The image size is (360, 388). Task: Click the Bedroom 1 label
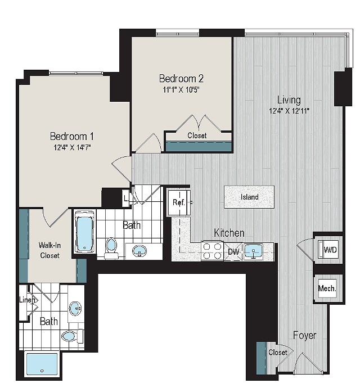[72, 136]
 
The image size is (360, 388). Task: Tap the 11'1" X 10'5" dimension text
[181, 89]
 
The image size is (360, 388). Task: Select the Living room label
[289, 100]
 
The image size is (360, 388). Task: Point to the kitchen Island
[249, 197]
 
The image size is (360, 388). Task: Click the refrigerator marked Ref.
[179, 202]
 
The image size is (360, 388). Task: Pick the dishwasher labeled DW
[233, 252]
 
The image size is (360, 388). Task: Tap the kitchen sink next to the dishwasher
[253, 251]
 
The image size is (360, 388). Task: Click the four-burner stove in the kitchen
[212, 251]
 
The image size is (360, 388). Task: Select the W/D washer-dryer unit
[328, 250]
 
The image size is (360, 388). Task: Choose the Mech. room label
[327, 288]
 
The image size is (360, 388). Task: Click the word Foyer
[304, 336]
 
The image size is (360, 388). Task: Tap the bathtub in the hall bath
[85, 232]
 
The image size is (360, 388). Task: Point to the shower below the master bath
[42, 364]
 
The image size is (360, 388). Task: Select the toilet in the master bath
[72, 336]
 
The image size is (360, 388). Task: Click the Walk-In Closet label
[49, 250]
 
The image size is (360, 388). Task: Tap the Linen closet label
[27, 300]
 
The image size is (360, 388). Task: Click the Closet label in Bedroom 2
[197, 136]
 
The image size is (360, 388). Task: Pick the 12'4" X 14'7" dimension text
[72, 147]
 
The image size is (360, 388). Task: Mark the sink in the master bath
[75, 309]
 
